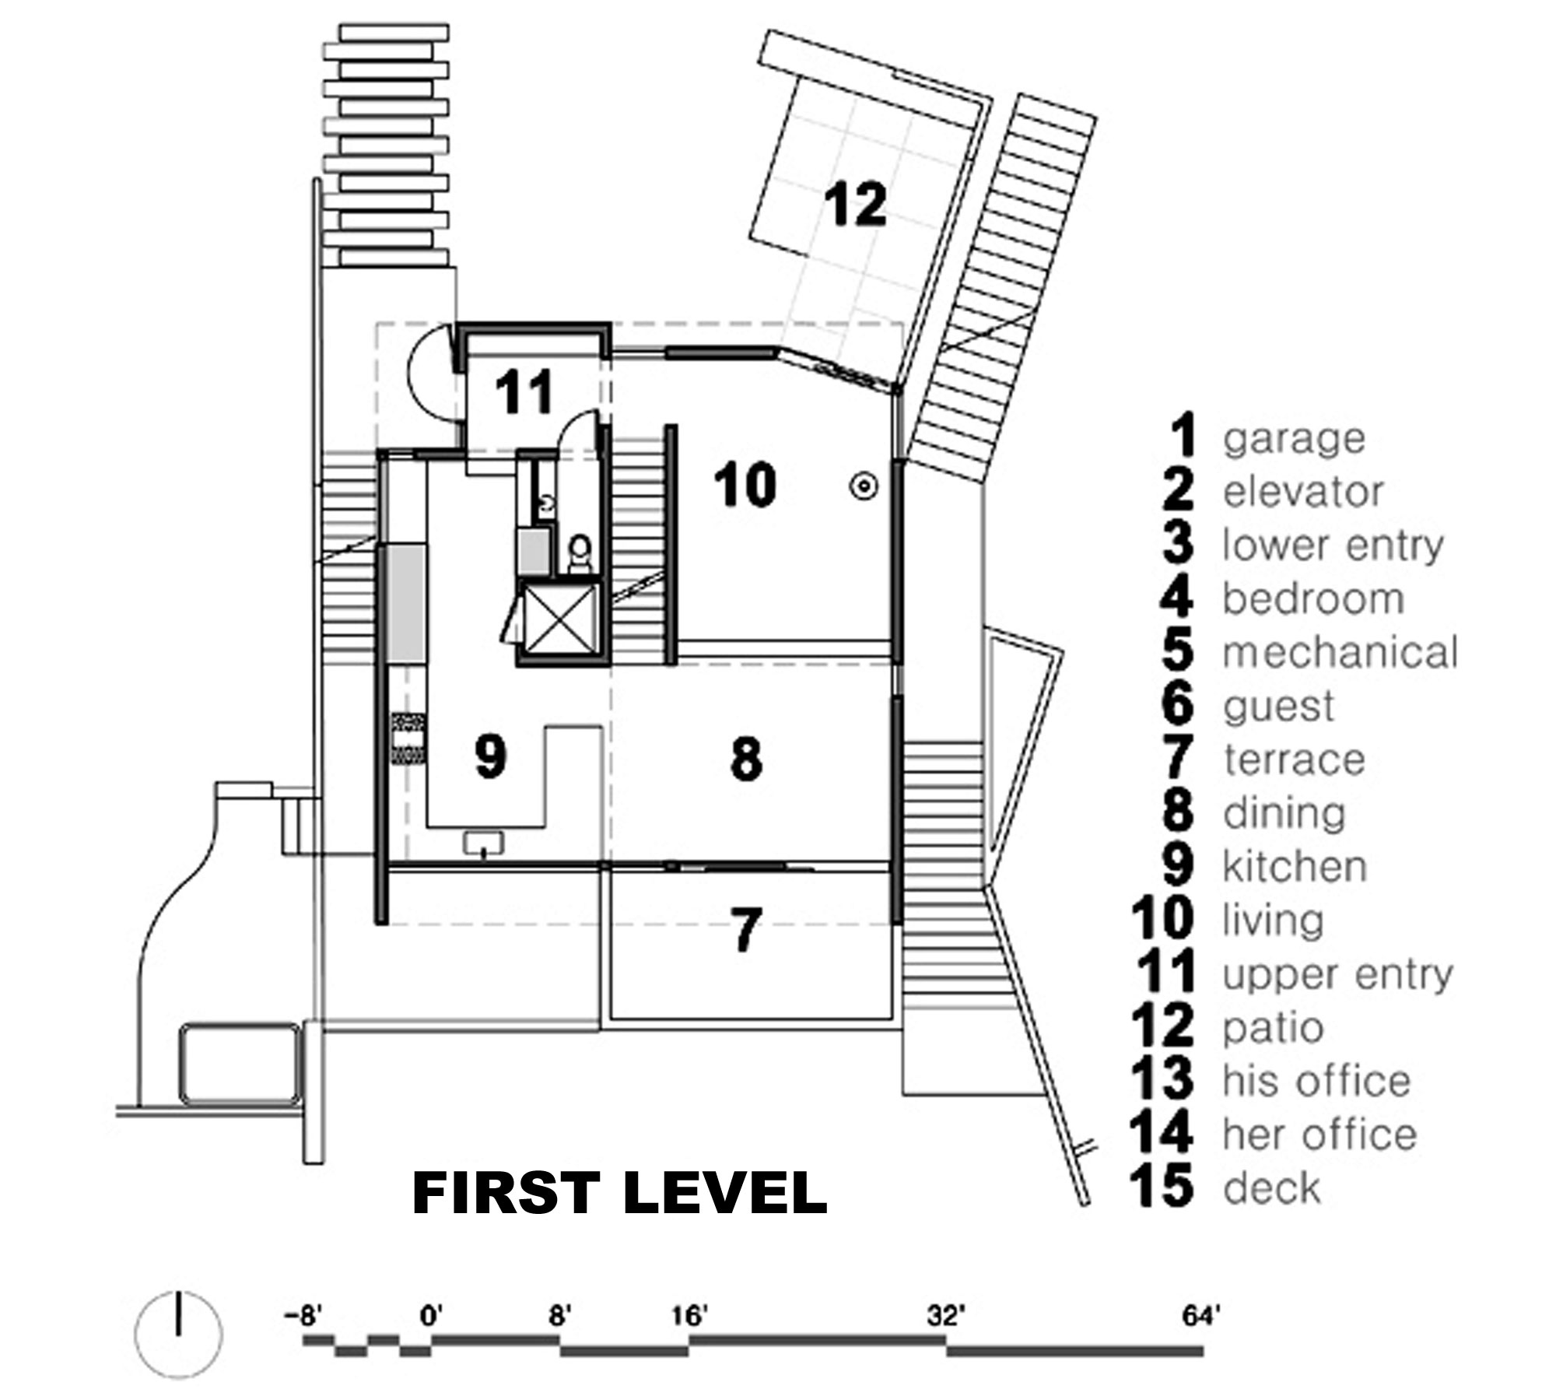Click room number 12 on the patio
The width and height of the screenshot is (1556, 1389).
pos(856,205)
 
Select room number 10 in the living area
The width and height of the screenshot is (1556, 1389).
pos(745,484)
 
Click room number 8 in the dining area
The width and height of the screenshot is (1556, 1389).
pos(746,759)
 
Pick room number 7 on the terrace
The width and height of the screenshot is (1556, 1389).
pos(745,930)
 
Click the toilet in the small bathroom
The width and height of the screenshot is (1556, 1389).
pos(579,553)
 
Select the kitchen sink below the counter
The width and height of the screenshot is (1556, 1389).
pos(484,843)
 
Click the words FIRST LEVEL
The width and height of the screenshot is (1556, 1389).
pos(619,1194)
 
